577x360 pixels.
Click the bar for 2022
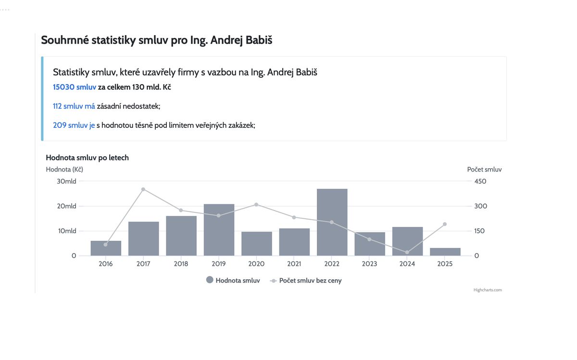pos(332,222)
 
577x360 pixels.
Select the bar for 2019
pos(219,230)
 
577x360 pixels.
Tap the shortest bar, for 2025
pos(445,252)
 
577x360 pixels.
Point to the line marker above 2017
pos(143,189)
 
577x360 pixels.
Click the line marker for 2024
pos(407,252)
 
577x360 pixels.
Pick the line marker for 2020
pos(256,205)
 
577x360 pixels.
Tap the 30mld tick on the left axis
pos(67,181)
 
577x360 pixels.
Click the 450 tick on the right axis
pos(480,181)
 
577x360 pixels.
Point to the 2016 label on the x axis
pos(106,264)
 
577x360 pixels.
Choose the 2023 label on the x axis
pos(370,264)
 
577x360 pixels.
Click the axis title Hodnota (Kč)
pos(64,169)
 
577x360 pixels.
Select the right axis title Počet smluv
pos(484,169)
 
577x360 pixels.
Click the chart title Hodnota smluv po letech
pos(87,158)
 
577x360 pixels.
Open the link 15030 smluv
pos(75,87)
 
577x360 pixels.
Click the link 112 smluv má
pos(74,106)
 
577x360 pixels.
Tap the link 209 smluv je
pos(74,125)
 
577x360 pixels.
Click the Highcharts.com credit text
pos(488,290)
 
